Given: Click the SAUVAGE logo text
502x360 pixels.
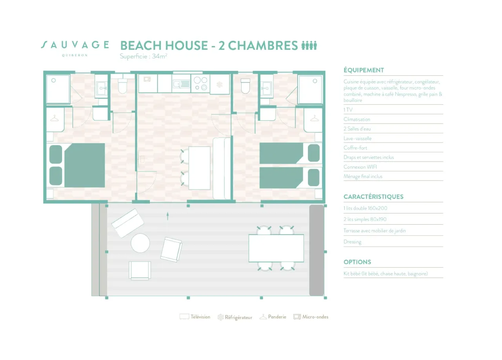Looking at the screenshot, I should (75, 45).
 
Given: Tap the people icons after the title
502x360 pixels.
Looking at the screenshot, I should (309, 45).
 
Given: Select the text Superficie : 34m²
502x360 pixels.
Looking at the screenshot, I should (144, 56).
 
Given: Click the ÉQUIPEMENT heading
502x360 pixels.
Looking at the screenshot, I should (364, 70).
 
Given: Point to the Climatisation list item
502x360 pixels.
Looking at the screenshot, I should (356, 119).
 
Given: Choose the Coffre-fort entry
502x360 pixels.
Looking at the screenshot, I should (355, 148).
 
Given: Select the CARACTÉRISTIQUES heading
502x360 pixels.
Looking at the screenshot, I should (373, 196).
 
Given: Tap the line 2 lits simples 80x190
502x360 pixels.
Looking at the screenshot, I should (367, 219).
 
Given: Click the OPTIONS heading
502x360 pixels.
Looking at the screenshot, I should (357, 262).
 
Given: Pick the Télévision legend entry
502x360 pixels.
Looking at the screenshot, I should (195, 317).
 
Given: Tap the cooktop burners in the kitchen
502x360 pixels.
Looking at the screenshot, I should (200, 84).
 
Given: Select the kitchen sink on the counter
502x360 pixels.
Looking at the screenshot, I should (181, 84).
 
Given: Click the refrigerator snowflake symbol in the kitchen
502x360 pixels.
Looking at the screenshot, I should (220, 84).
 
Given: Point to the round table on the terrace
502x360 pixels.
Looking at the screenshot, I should (140, 243).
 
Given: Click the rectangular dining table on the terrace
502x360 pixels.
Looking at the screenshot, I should (276, 248).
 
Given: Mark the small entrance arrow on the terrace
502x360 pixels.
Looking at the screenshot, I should (167, 216).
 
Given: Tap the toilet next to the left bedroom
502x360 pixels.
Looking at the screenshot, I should (122, 86).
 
